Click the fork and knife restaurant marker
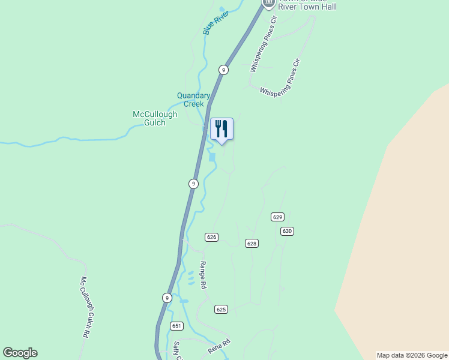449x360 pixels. [221, 129]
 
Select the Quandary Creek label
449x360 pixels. [193, 100]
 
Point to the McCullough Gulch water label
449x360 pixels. [155, 118]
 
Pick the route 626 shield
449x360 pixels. [211, 237]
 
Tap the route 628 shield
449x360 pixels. [252, 243]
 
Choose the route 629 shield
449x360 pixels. [277, 217]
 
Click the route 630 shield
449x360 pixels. [287, 231]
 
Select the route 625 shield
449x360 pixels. [221, 309]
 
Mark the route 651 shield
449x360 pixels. [176, 326]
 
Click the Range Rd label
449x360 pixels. [203, 275]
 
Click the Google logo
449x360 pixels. [20, 353]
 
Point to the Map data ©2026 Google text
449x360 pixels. [412, 355]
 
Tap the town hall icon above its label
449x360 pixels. [268, 3]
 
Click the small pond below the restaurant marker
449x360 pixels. [212, 157]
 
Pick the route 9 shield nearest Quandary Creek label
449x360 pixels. [223, 70]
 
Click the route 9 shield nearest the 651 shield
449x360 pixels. [166, 298]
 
